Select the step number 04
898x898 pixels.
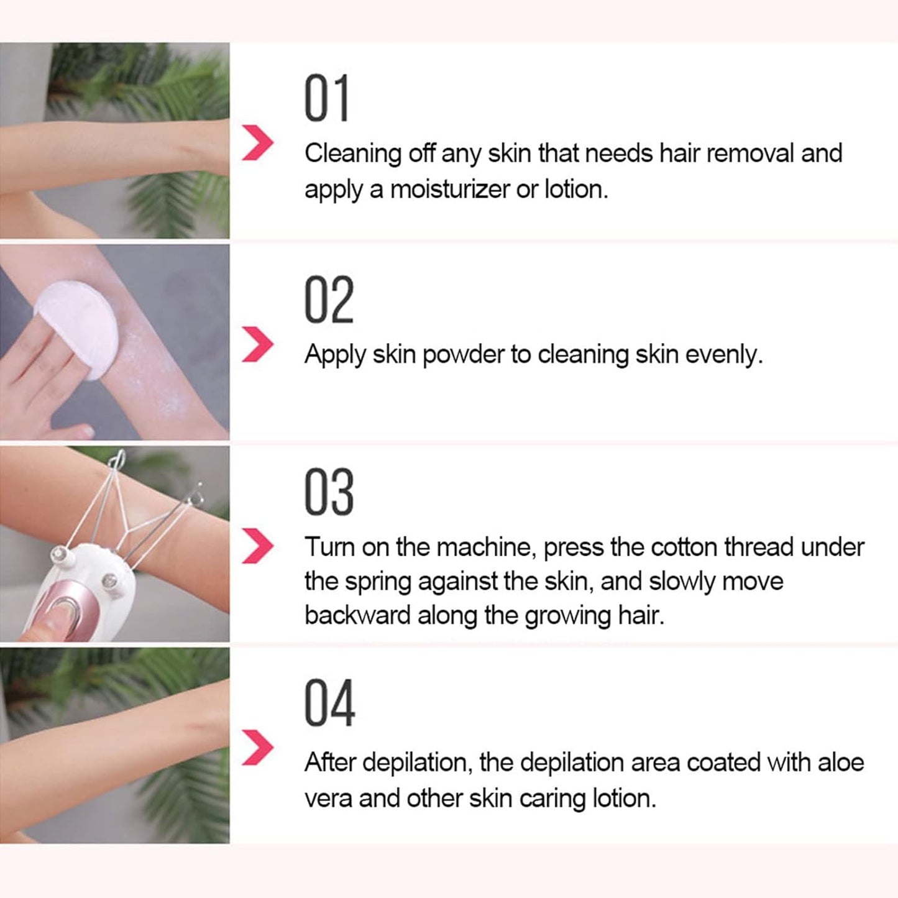(329, 703)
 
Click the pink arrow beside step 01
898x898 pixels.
(257, 142)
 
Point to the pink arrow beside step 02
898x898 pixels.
(257, 344)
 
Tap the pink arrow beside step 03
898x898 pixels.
(257, 546)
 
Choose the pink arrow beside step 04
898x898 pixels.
(257, 747)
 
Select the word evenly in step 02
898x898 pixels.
(723, 355)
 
